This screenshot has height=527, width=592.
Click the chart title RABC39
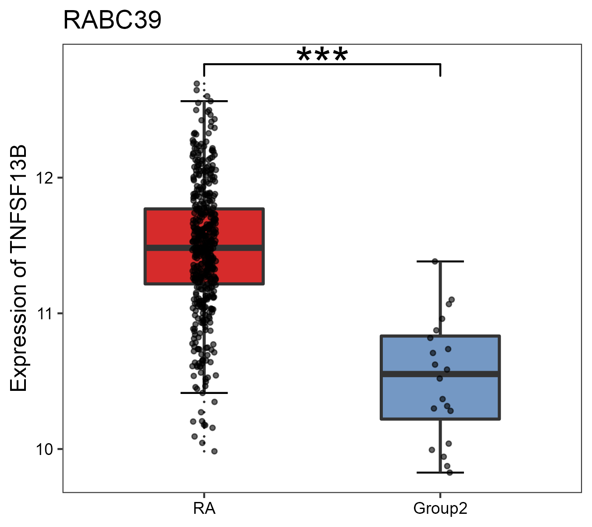pyautogui.click(x=112, y=21)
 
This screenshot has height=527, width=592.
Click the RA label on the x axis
pyautogui.click(x=204, y=509)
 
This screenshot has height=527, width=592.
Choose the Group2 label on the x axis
pyautogui.click(x=440, y=509)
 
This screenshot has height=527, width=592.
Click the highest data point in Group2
pyautogui.click(x=435, y=261)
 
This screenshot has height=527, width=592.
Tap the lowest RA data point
pyautogui.click(x=214, y=451)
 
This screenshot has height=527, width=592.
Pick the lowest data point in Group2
pyautogui.click(x=449, y=472)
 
